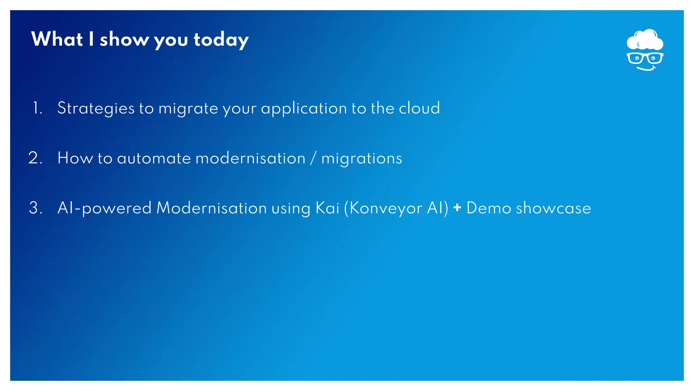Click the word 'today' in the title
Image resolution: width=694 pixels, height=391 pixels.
click(221, 40)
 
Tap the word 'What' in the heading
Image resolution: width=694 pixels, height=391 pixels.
click(57, 39)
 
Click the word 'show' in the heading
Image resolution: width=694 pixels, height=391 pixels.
click(124, 40)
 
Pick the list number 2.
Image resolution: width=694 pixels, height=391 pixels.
click(35, 158)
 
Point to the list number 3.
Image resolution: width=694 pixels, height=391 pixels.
click(36, 208)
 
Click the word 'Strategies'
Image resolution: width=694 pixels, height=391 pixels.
click(96, 109)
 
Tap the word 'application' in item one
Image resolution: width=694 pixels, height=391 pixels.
click(304, 109)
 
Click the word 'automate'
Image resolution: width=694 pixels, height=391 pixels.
click(154, 159)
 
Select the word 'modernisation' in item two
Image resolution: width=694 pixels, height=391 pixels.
click(250, 159)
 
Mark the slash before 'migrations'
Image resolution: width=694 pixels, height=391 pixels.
click(313, 159)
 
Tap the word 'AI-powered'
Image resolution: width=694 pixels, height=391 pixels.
click(104, 208)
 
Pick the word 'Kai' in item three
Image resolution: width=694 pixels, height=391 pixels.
click(327, 208)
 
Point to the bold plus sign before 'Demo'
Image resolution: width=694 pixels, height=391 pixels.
click(457, 207)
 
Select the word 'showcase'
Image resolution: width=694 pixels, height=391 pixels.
click(553, 208)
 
